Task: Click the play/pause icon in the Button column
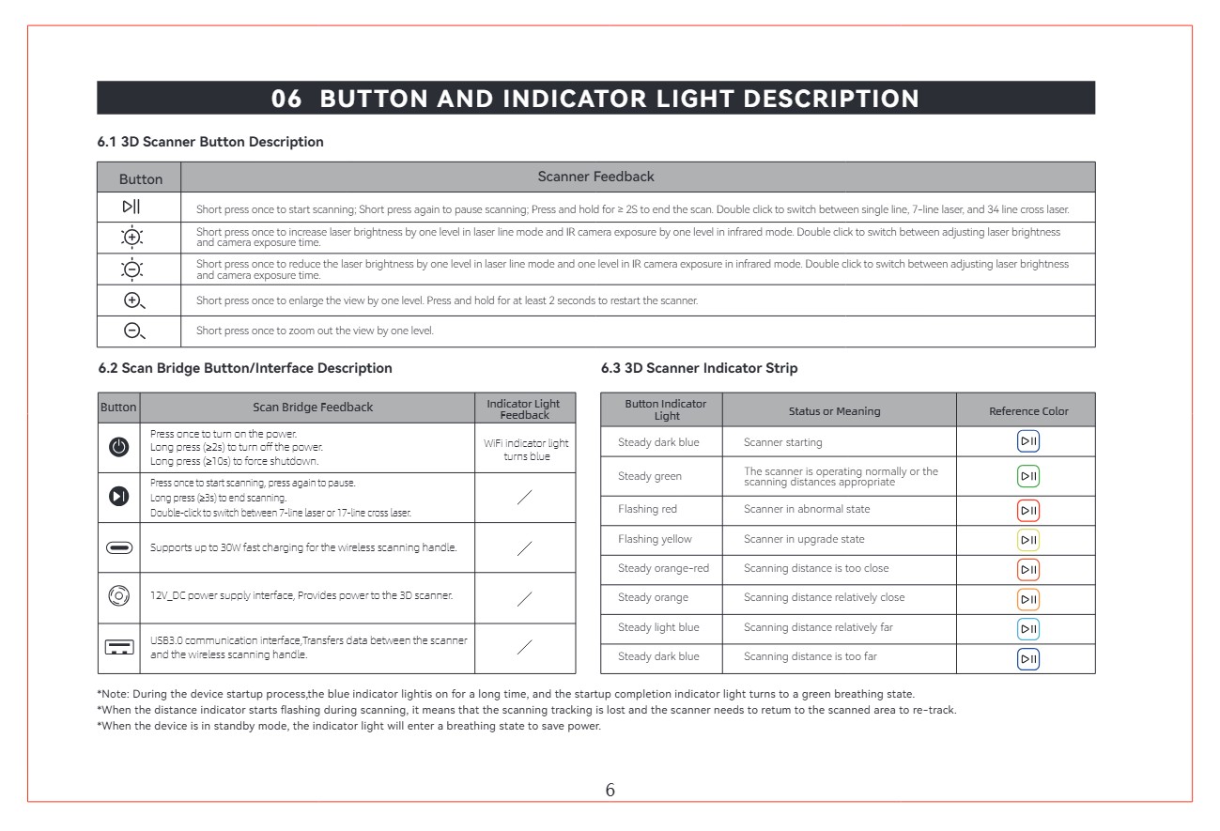point(131,207)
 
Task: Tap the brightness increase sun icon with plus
point(134,237)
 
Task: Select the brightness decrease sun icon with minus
point(134,268)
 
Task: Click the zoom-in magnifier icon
point(134,300)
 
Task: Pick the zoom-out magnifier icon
point(134,331)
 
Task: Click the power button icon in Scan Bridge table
point(119,447)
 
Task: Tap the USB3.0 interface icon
point(119,648)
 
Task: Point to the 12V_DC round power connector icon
point(119,596)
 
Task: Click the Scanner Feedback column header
point(595,177)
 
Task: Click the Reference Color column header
point(1028,411)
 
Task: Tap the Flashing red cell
point(647,509)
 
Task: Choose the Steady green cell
point(650,476)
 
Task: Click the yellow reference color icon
point(1028,540)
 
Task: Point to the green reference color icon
point(1028,476)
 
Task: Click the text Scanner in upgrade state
point(804,539)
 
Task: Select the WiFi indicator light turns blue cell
point(525,449)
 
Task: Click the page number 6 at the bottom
point(610,791)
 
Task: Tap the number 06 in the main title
point(286,99)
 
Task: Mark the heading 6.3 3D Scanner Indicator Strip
point(699,368)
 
